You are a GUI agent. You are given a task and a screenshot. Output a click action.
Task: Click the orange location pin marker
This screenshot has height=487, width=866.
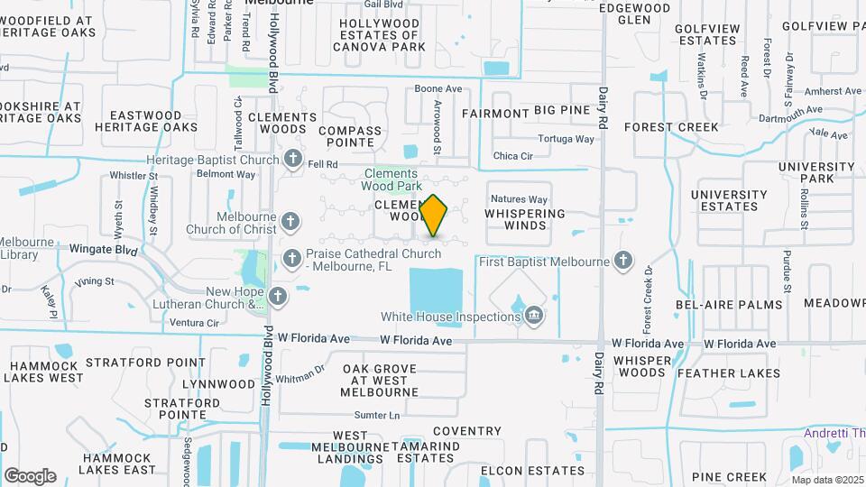point(434,216)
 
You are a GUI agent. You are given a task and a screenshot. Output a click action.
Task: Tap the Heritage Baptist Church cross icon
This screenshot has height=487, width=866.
point(292,160)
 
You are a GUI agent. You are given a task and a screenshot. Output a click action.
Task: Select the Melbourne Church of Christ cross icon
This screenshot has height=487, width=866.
point(290,221)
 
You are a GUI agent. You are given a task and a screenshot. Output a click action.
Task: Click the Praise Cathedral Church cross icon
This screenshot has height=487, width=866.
point(291,260)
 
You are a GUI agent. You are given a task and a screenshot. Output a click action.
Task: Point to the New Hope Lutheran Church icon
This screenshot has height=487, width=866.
point(278,296)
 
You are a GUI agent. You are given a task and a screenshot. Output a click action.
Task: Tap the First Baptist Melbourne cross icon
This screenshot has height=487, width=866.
point(622,262)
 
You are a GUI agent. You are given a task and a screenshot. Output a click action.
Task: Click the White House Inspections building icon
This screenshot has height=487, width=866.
point(534,316)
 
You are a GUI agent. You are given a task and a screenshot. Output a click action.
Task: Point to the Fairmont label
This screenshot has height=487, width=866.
point(494,114)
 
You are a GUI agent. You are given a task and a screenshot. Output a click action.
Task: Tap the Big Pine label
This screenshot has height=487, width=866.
point(561,111)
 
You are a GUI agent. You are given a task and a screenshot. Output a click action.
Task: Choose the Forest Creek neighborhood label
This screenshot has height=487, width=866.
point(677,127)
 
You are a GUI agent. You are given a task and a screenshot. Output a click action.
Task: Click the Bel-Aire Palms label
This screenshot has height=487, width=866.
point(730,305)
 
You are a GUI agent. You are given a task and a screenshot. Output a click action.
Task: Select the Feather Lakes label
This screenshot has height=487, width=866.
point(729,372)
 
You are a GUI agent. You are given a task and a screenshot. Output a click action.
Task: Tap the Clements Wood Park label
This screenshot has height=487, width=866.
point(391,179)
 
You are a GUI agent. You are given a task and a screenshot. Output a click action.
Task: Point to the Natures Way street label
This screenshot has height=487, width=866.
point(518,199)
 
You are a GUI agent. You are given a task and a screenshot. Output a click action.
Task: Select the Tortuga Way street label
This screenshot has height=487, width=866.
point(567,139)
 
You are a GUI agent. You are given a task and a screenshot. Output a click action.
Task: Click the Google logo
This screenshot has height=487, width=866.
point(30,475)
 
